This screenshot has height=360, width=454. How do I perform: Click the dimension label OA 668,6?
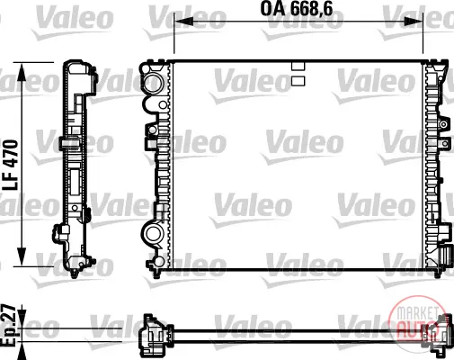click(297, 8)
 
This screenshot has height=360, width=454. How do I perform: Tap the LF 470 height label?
click(11, 165)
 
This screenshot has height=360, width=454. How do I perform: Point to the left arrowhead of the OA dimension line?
click(183, 21)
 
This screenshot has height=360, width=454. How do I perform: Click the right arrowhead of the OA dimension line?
click(414, 21)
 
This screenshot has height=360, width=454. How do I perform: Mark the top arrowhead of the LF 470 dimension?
click(22, 72)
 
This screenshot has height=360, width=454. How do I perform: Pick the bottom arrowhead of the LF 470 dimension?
click(22, 256)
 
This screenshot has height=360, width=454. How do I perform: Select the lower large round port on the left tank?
click(153, 233)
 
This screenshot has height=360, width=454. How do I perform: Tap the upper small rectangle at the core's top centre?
click(298, 66)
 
